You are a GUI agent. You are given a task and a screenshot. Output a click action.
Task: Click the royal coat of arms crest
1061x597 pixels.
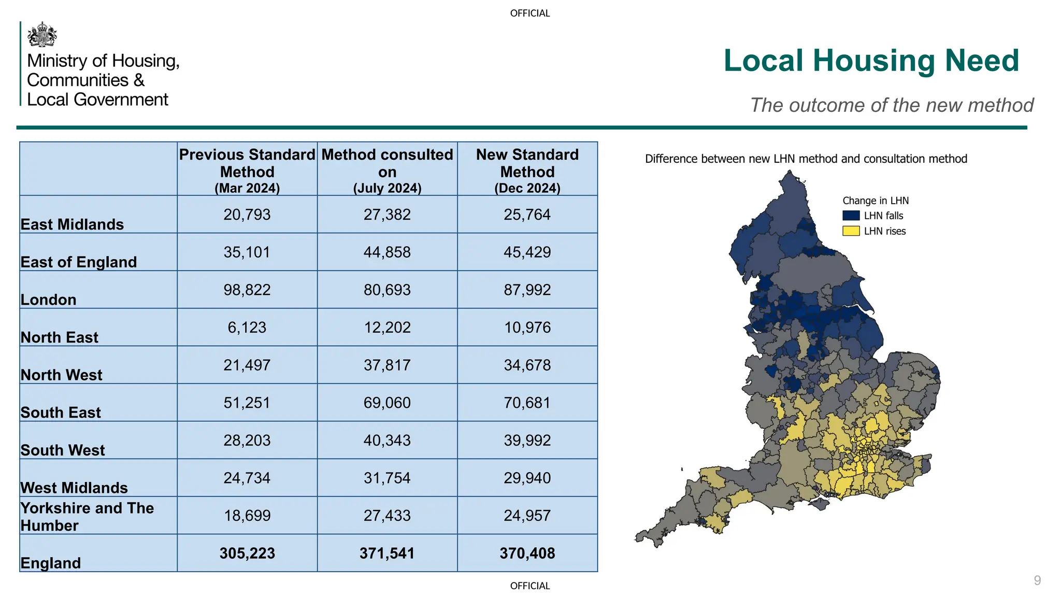tap(42, 35)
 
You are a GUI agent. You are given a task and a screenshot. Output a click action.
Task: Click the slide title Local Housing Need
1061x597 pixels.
tap(871, 61)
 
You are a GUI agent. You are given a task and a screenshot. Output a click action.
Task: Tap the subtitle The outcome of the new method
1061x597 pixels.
tap(891, 105)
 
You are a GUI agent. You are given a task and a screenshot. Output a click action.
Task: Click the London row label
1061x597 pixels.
tap(49, 300)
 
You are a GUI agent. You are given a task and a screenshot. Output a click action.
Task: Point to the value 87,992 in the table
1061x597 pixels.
tap(527, 290)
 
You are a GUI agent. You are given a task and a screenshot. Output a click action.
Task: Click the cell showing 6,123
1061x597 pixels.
tap(247, 328)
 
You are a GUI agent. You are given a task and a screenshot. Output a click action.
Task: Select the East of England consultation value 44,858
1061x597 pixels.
tap(387, 252)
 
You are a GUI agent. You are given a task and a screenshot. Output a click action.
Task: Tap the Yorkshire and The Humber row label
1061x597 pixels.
tap(87, 516)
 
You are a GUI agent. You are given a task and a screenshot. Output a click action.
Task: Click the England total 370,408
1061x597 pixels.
tap(527, 553)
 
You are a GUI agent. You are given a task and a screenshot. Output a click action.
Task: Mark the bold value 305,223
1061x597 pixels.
tap(247, 553)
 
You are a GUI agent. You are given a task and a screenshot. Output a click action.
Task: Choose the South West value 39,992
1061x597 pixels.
tap(527, 440)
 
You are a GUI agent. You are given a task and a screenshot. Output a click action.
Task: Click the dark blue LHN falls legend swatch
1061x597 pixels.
tap(851, 216)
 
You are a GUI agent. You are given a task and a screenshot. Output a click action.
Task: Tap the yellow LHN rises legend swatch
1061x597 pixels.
tap(851, 231)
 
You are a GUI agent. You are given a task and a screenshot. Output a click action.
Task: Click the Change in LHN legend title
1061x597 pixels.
tap(875, 201)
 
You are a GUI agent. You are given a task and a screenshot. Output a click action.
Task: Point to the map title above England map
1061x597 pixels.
tap(806, 159)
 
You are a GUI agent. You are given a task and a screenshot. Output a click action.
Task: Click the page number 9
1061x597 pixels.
tap(1037, 580)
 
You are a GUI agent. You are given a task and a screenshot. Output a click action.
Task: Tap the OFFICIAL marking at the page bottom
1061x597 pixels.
tap(529, 586)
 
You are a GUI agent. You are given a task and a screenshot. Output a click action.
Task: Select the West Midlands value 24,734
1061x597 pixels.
tap(247, 478)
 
